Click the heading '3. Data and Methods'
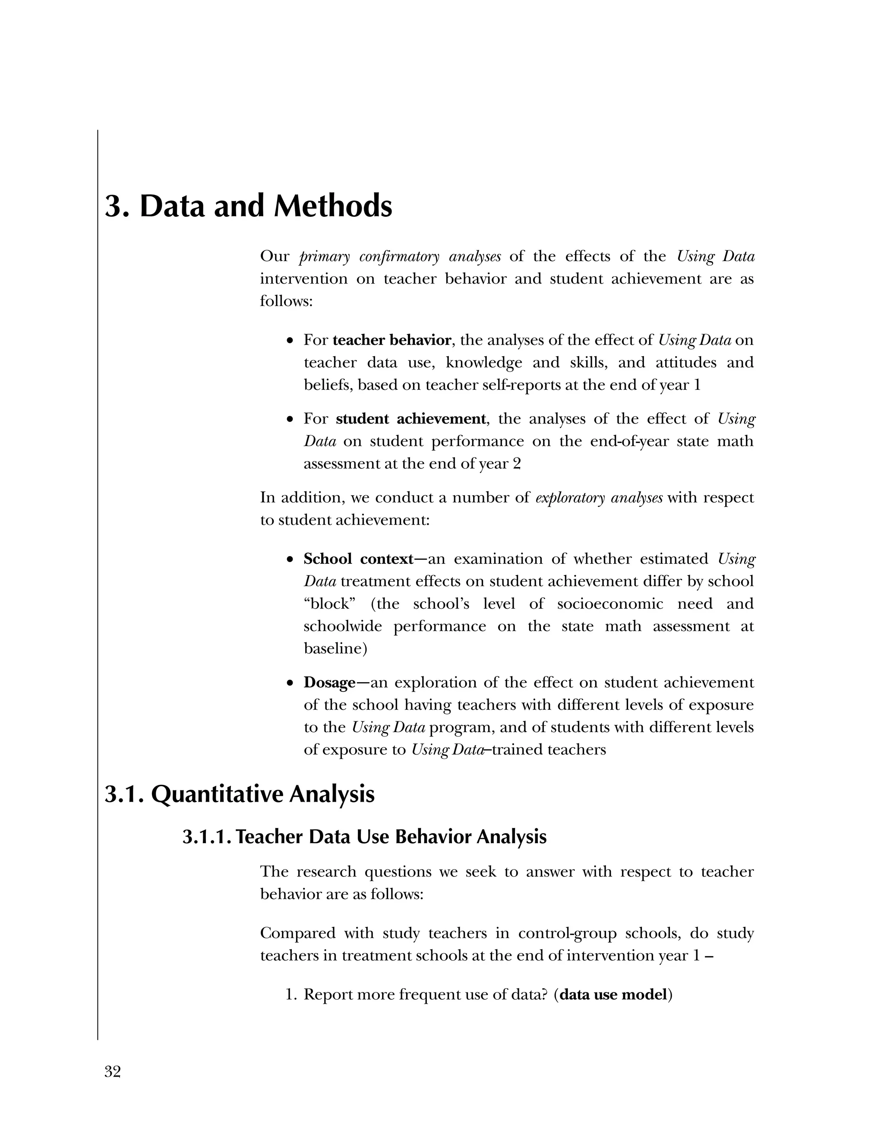tap(248, 206)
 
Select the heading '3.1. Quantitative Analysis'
tap(239, 793)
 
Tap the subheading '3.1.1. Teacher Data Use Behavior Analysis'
tap(364, 837)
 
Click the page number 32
tap(113, 1072)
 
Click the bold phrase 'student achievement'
tap(410, 419)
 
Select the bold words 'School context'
tap(358, 559)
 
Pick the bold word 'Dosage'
tap(329, 683)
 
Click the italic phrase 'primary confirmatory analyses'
tap(400, 257)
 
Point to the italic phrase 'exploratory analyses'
tap(599, 498)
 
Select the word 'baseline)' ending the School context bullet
tap(335, 649)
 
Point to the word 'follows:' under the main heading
tap(286, 302)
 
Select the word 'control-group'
tap(567, 933)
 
